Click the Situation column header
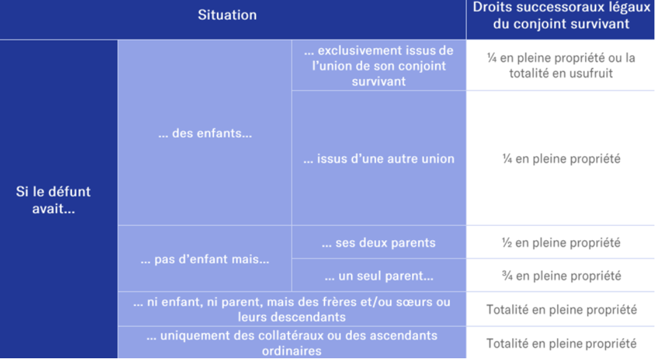(227, 15)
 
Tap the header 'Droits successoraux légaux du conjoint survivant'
(561, 16)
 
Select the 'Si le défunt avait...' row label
(53, 200)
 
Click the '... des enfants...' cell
(205, 133)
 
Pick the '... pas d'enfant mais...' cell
(205, 259)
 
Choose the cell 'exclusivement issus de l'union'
(378, 65)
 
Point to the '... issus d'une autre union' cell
(378, 158)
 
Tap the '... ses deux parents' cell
(378, 243)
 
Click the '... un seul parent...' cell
(378, 275)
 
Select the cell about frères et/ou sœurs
(292, 309)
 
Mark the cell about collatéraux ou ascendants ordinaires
(292, 343)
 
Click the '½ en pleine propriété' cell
(561, 243)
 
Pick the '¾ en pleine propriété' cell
(561, 275)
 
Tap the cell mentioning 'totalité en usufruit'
(561, 65)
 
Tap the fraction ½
(507, 243)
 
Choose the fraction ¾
(507, 275)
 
